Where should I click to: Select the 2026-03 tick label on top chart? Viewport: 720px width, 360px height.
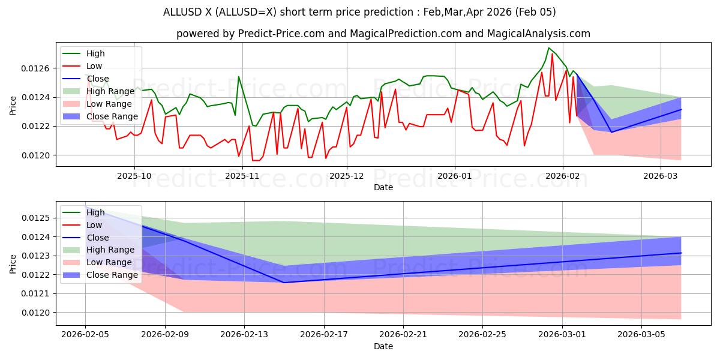click(x=660, y=176)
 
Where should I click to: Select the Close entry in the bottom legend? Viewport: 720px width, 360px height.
click(x=98, y=238)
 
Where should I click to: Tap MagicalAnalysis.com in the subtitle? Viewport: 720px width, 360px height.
click(x=538, y=34)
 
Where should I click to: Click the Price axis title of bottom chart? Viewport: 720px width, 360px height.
click(x=13, y=263)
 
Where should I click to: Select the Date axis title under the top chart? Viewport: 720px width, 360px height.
click(x=383, y=187)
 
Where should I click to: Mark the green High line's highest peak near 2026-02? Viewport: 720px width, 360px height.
click(x=548, y=48)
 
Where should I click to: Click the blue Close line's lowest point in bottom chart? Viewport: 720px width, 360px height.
click(x=284, y=283)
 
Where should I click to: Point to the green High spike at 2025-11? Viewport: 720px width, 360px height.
click(x=238, y=76)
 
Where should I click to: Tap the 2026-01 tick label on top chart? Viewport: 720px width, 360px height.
click(x=455, y=176)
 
